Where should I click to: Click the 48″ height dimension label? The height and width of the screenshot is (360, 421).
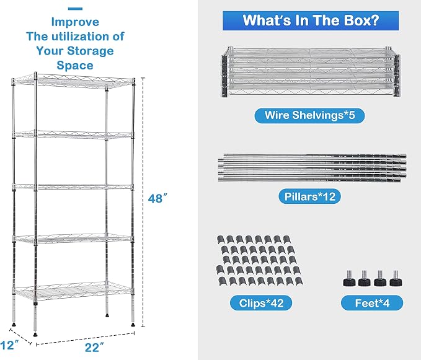157,198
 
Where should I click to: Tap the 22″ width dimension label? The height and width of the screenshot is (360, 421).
94,348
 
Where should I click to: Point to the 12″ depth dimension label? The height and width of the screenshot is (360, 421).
9,345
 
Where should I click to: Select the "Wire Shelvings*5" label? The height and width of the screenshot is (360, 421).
309,115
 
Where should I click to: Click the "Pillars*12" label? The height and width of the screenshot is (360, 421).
309,196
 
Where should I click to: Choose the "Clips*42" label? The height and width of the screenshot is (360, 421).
261,303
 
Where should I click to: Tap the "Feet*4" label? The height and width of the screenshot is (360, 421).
372,303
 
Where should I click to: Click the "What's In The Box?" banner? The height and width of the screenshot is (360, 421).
311,20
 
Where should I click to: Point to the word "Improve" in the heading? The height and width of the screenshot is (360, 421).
75,22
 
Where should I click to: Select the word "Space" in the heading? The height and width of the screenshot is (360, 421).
75,66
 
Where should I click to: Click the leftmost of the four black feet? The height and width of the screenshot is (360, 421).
349,279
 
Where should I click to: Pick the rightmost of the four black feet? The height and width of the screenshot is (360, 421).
396,279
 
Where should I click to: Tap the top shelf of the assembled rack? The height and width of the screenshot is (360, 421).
73,80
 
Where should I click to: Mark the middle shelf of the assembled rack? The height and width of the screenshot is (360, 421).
73,187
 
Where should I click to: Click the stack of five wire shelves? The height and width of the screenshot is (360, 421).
310,72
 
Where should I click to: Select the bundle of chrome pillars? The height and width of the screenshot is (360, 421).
312,168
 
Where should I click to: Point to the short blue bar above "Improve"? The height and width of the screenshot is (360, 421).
75,9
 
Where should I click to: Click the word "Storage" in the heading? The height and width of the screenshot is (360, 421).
91,51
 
